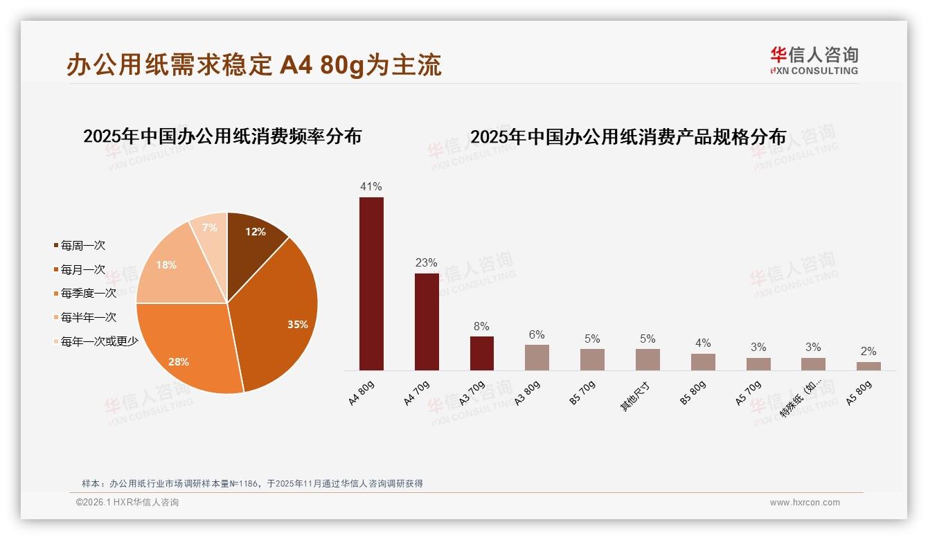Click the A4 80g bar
click(x=371, y=284)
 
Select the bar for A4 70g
click(x=427, y=322)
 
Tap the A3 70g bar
click(x=482, y=353)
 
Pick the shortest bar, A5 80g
click(x=868, y=366)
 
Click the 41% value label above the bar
click(x=371, y=186)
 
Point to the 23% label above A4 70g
click(x=426, y=262)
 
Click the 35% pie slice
click(x=280, y=318)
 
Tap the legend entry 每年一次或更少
click(x=99, y=341)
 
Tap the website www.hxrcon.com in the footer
click(x=805, y=503)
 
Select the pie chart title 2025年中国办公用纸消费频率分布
click(x=222, y=136)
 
